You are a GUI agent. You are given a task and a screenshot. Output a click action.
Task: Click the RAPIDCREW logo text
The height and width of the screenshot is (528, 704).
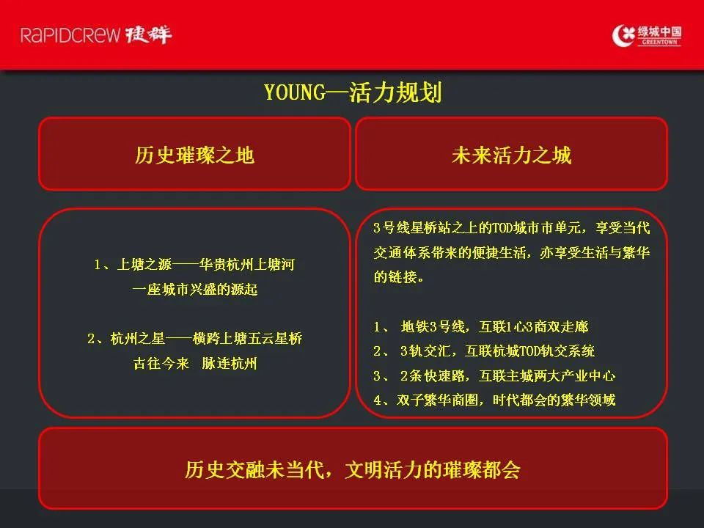70,35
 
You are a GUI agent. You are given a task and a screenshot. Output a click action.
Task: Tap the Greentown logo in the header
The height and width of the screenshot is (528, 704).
647,35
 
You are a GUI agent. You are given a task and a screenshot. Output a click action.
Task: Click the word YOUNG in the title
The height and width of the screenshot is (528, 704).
295,92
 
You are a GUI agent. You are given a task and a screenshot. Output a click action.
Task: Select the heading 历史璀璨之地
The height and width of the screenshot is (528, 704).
195,155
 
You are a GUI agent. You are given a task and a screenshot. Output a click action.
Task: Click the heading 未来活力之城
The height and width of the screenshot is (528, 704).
511,155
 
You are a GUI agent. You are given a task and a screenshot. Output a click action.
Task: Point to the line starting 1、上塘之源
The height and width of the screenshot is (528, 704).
194,265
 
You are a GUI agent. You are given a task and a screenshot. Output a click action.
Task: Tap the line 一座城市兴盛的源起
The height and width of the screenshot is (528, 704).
195,289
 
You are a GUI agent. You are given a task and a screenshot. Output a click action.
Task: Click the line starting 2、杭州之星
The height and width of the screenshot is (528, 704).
195,338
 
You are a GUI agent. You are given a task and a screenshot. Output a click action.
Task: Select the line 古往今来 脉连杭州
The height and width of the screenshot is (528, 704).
195,363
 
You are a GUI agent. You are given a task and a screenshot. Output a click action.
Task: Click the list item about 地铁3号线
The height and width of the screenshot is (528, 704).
481,326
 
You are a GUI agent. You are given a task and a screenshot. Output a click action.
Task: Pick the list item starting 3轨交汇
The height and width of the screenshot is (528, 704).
484,351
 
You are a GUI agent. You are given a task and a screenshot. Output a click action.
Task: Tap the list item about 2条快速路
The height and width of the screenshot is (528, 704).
494,375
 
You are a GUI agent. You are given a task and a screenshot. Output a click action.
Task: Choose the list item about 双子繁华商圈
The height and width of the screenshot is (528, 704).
494,400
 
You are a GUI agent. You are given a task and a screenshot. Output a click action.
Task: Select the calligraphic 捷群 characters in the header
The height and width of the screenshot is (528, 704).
149,34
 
